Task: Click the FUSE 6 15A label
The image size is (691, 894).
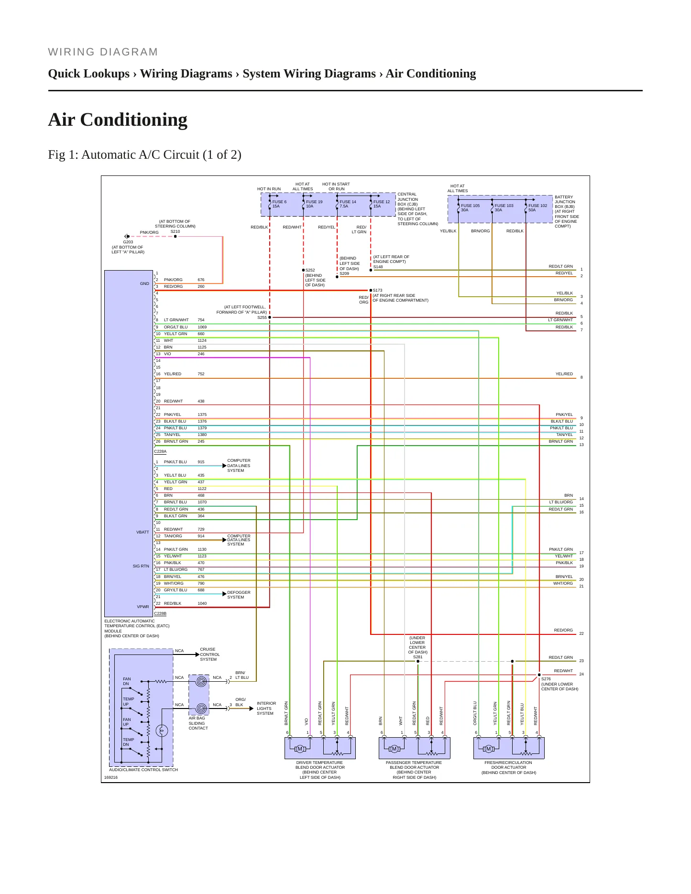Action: (x=279, y=204)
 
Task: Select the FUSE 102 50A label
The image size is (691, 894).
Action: (x=537, y=207)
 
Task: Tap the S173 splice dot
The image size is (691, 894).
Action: (x=371, y=290)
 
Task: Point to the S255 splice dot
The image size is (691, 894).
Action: (x=270, y=317)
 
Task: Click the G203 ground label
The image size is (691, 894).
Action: (x=128, y=242)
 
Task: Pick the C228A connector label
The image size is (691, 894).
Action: (x=160, y=451)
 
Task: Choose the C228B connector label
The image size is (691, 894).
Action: (x=160, y=613)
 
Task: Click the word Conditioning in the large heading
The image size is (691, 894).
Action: (x=134, y=120)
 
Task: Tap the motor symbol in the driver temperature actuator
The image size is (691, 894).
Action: (x=300, y=749)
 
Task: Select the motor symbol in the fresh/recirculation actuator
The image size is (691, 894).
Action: (x=489, y=749)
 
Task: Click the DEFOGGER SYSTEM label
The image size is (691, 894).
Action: (x=239, y=595)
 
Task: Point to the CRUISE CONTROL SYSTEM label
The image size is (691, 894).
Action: (x=210, y=654)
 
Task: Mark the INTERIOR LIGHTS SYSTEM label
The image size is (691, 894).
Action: (x=266, y=709)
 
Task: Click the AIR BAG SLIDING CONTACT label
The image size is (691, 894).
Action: (x=198, y=723)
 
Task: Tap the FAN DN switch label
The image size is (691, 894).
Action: (x=127, y=681)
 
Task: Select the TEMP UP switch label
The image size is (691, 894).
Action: (x=128, y=701)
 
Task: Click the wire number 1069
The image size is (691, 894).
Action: (x=202, y=327)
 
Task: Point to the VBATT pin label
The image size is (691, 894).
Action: (x=143, y=532)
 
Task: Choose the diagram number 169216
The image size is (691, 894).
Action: (x=111, y=777)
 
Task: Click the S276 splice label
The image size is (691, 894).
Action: (x=546, y=679)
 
